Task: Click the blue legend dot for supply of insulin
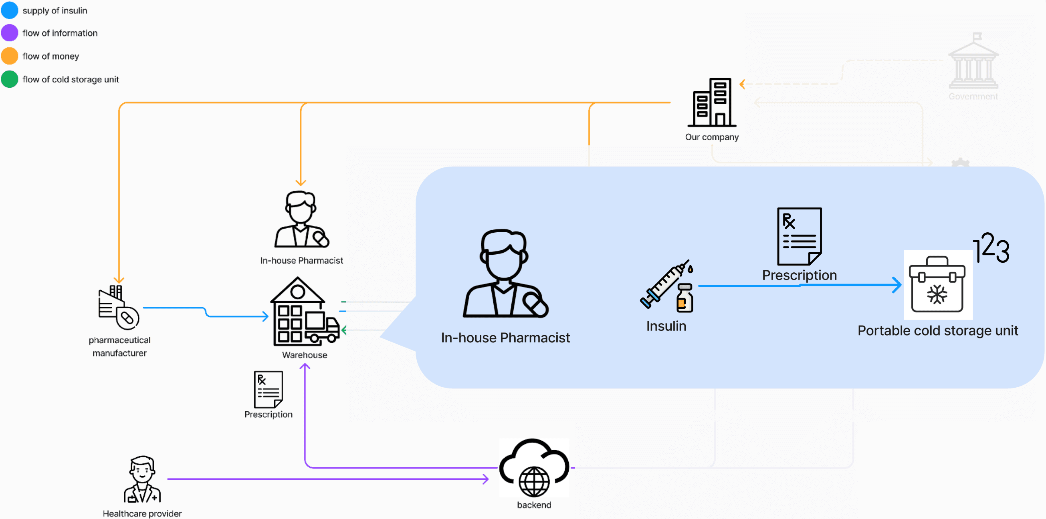tap(10, 10)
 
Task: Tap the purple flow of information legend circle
tap(10, 33)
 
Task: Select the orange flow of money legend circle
tap(10, 56)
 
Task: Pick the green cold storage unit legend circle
tap(10, 79)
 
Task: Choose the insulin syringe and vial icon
tap(667, 286)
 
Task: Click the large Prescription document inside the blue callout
tap(799, 236)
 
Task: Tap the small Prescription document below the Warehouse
tap(269, 390)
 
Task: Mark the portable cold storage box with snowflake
tap(937, 284)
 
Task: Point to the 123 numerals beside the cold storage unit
tap(991, 247)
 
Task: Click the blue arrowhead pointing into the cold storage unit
tap(897, 285)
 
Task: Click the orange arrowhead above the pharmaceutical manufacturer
tap(119, 280)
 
